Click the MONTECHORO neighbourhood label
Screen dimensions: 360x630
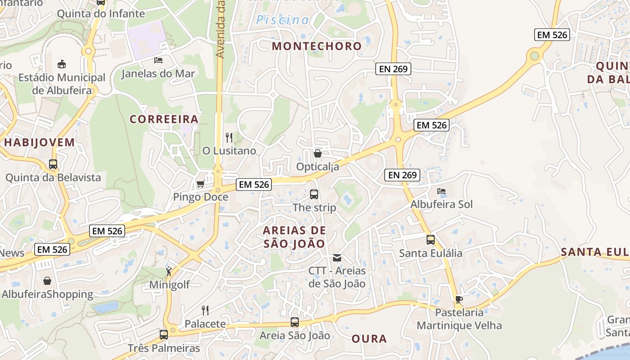317,46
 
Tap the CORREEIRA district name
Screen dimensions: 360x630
164,119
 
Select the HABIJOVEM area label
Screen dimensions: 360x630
40,143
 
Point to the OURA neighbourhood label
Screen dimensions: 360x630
369,339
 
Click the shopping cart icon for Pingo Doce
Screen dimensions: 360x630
201,184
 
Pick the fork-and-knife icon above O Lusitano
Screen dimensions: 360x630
229,137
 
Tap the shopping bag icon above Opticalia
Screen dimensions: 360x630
318,153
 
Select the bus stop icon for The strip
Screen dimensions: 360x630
314,194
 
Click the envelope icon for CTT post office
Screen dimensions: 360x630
337,258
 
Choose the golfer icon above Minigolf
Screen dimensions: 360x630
169,271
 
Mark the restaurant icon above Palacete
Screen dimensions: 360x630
205,310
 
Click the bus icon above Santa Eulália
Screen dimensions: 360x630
431,240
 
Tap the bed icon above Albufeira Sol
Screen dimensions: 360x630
441,191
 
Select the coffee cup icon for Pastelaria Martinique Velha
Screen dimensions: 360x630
459,299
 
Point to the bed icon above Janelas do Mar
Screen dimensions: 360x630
158,60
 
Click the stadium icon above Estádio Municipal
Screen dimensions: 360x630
62,64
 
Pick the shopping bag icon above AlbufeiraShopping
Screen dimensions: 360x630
47,281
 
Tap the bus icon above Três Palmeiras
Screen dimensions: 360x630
164,335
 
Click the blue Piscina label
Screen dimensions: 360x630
283,20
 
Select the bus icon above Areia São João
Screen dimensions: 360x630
295,322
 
